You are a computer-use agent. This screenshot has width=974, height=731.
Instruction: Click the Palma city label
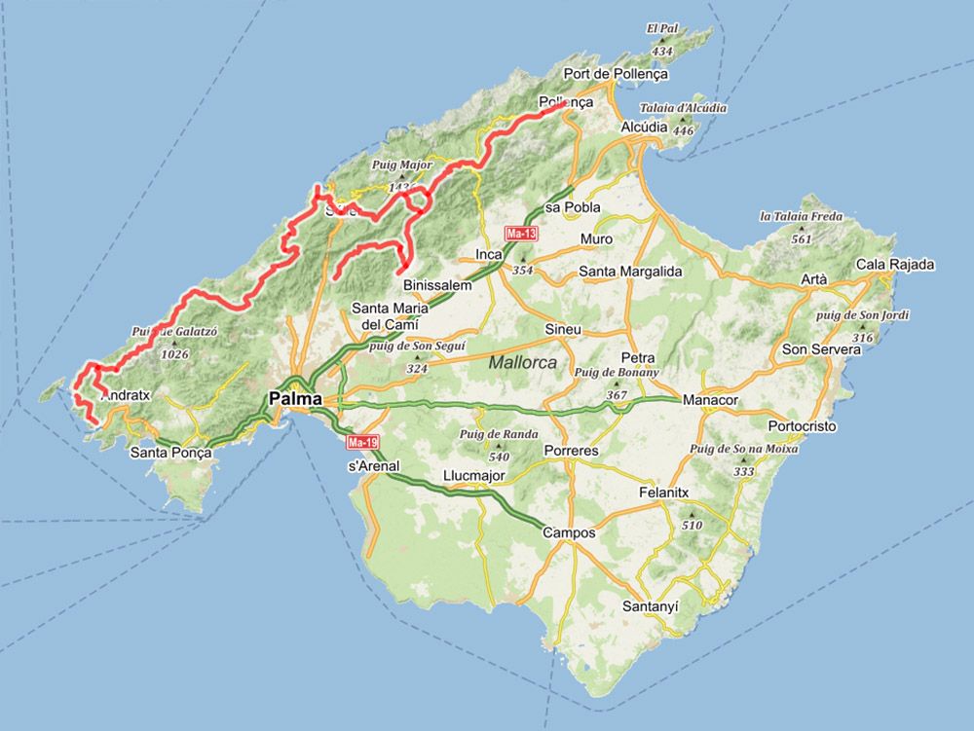point(296,397)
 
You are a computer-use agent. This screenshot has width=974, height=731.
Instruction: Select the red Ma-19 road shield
point(362,443)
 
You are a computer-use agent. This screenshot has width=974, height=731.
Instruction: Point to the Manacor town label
point(712,400)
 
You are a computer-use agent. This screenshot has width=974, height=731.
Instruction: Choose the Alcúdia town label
point(645,127)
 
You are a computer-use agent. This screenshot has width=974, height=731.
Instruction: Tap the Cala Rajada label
point(895,264)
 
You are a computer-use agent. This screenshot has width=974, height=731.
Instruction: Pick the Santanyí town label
point(650,605)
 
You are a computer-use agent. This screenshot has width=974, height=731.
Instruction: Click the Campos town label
point(569,532)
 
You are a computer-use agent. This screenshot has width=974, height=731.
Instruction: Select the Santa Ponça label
point(170,453)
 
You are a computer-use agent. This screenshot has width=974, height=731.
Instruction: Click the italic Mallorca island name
point(523,362)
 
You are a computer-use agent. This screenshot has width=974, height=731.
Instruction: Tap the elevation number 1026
point(175,354)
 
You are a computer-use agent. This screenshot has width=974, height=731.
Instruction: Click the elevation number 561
point(802,238)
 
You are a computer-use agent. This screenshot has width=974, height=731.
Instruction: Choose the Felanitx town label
point(663,493)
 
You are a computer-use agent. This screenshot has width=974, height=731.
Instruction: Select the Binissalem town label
point(437,285)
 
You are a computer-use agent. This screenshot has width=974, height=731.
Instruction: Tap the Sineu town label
point(563,329)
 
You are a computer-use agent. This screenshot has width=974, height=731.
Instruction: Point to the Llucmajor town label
point(475,475)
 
